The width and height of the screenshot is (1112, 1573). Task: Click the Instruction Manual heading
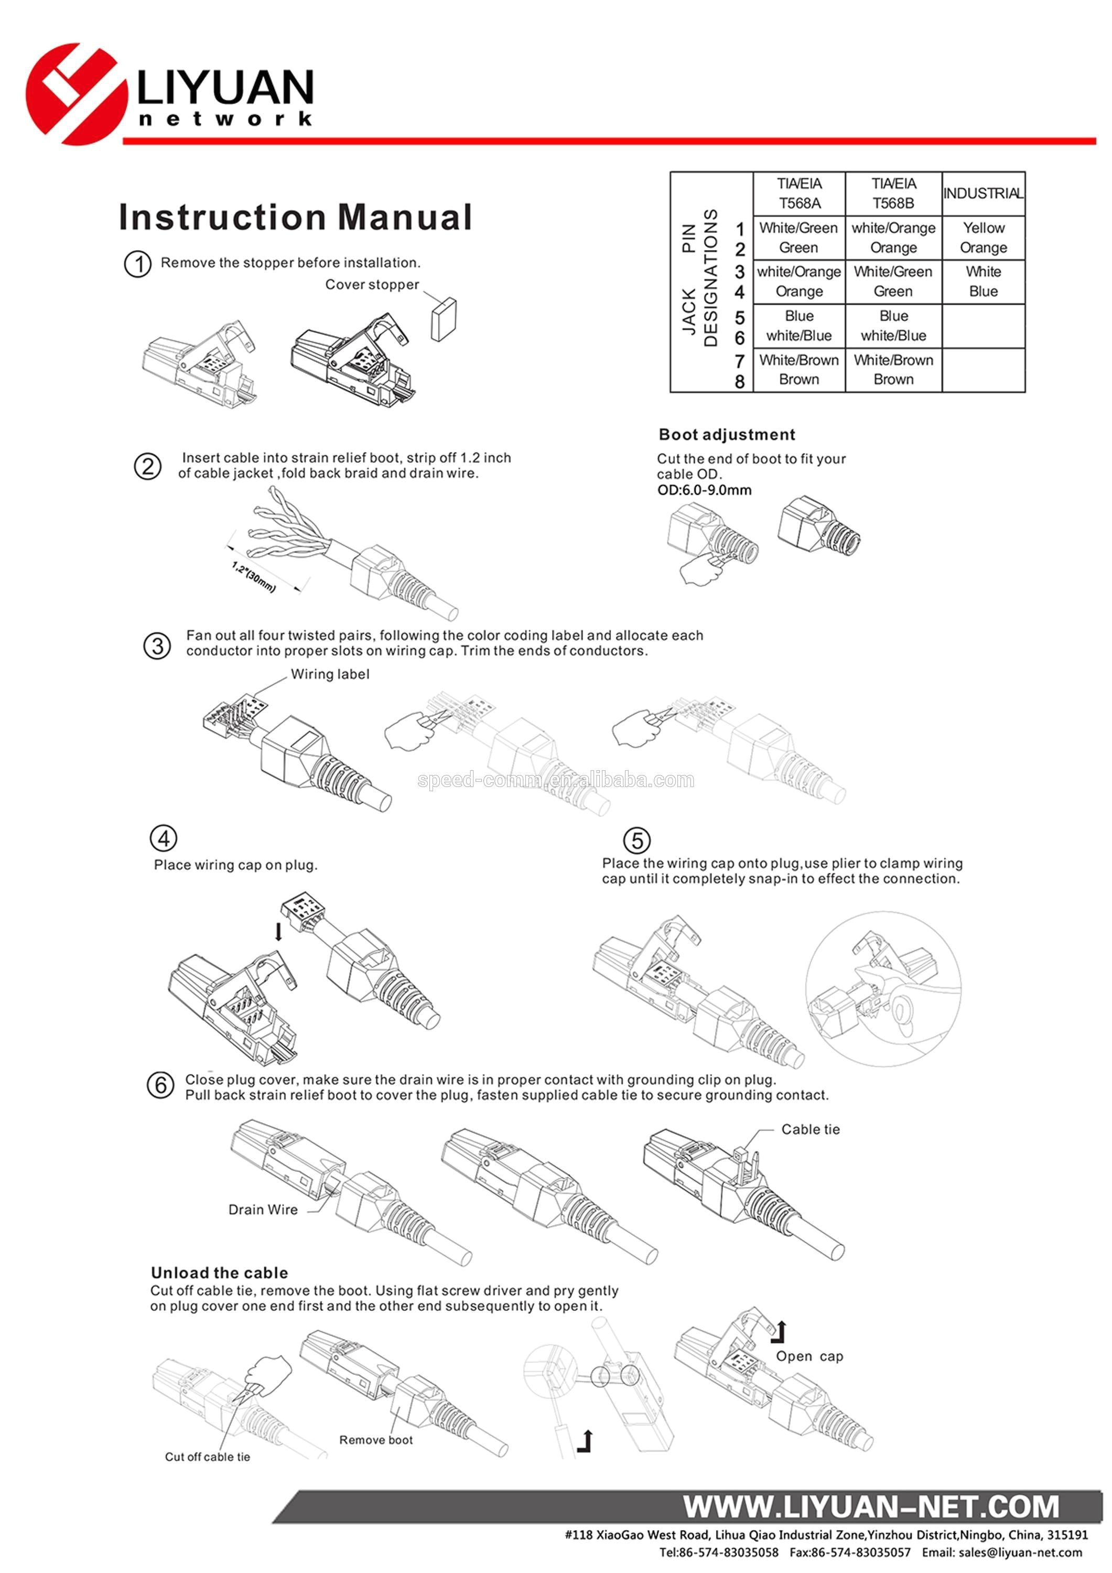(x=295, y=217)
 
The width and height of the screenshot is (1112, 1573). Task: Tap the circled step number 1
(x=138, y=264)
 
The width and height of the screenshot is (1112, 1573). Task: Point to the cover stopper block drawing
(x=444, y=319)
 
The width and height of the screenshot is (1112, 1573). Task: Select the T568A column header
(x=799, y=193)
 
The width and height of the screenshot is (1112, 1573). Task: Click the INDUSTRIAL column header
(x=983, y=193)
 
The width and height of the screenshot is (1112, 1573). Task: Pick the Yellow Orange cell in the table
(x=983, y=238)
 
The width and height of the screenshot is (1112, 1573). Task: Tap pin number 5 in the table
(x=739, y=318)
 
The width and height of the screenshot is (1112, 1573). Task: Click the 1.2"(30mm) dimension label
(x=254, y=577)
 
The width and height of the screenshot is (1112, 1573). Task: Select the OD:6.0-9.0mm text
(x=704, y=490)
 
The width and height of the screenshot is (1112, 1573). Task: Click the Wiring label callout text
(x=330, y=674)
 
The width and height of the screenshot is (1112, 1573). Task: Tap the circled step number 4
(x=163, y=838)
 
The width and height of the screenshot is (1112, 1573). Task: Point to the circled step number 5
(x=636, y=840)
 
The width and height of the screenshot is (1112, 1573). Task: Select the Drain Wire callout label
(x=263, y=1210)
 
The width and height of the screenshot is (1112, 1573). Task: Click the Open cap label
(x=809, y=1356)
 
